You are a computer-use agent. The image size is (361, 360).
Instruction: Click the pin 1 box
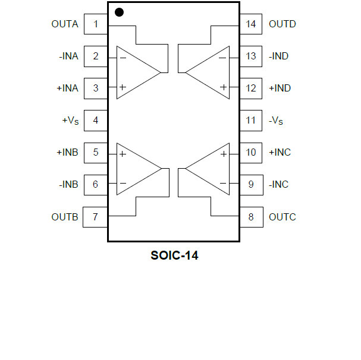click(96, 24)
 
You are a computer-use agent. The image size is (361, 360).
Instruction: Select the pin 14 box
click(251, 24)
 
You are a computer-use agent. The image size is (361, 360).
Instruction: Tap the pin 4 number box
click(96, 120)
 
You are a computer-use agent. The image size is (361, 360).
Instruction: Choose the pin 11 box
click(251, 120)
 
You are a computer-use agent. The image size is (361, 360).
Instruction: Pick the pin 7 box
click(96, 216)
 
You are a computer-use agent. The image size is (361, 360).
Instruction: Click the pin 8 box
click(251, 217)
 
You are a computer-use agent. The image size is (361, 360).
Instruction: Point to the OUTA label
click(65, 24)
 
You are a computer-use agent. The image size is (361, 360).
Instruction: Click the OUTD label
click(282, 24)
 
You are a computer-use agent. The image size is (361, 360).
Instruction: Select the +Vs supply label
click(70, 121)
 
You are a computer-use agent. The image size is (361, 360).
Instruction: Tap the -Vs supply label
click(276, 121)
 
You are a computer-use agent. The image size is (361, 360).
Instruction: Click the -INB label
click(68, 184)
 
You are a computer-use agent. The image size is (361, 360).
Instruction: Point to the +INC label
click(280, 152)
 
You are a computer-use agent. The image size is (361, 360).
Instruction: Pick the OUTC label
click(282, 217)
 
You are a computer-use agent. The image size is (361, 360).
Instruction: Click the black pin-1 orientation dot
click(119, 12)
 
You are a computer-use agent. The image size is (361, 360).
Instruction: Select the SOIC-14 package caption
click(174, 257)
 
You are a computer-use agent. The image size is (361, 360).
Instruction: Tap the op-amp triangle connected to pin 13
click(211, 72)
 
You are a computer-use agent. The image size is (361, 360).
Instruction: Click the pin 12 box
click(251, 88)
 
